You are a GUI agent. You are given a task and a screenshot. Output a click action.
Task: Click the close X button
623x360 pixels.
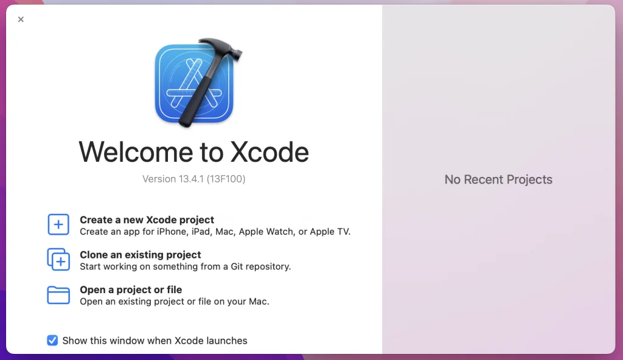[x=21, y=19]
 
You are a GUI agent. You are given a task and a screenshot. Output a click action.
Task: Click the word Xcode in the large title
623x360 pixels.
[x=270, y=152]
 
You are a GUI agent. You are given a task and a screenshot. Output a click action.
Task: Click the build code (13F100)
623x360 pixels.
[x=226, y=179]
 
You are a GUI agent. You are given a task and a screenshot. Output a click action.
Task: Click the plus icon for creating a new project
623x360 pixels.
[x=58, y=224]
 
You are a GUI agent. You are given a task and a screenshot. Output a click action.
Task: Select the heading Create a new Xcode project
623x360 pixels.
[x=147, y=220]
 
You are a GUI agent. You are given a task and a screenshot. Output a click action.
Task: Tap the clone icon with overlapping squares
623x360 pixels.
[x=58, y=260]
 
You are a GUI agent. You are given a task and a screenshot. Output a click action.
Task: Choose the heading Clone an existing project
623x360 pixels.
[x=141, y=255]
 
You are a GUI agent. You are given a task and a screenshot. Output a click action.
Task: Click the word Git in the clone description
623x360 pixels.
[x=237, y=266]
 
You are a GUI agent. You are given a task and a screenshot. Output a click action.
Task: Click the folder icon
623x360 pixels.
[x=58, y=295]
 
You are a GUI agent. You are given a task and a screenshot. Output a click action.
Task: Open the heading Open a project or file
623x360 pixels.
[x=131, y=289]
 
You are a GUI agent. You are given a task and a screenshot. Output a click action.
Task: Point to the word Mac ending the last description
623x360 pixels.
[x=259, y=301]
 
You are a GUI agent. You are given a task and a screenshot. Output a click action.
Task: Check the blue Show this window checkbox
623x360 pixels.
[x=52, y=341]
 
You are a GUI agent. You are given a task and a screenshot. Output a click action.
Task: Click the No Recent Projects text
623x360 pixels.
[x=498, y=179]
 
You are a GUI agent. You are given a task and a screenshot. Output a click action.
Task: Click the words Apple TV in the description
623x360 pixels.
[x=329, y=232]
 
